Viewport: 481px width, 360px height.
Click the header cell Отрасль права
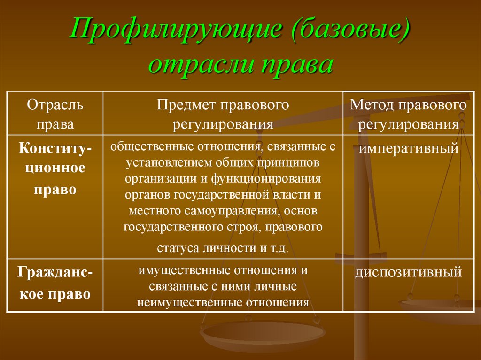click(55, 114)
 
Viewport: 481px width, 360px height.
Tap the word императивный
click(409, 149)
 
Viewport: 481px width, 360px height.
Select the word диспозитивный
click(409, 272)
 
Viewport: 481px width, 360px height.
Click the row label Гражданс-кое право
click(55, 284)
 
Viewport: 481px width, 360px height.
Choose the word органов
click(147, 194)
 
